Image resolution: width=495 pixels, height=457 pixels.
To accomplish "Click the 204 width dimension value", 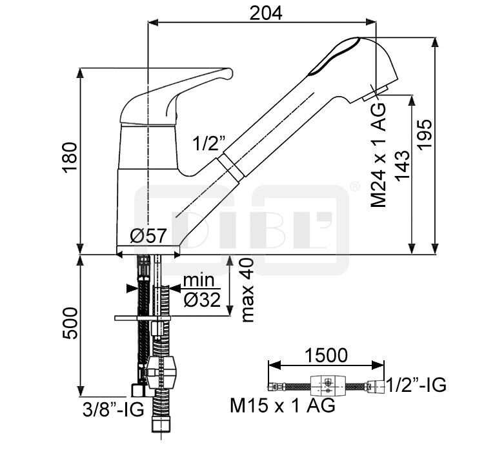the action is point(265,14).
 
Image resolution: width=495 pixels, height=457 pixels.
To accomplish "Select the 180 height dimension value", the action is point(70,157).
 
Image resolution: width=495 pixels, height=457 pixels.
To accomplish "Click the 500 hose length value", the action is point(70,323).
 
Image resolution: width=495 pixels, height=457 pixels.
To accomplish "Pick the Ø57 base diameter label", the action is point(148,235).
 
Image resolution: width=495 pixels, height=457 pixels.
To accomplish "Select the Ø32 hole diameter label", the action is point(202,300).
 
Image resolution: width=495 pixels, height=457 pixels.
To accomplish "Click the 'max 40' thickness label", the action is point(248,290).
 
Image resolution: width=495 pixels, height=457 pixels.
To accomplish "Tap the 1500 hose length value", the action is point(326,355).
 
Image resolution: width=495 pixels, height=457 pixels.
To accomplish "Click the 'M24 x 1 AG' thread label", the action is point(378,155).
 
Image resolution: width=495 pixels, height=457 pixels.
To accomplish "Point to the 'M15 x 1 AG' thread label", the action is point(283,405).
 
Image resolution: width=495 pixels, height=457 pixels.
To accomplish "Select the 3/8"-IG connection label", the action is point(113,409).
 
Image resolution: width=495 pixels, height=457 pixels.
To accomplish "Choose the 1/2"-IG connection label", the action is point(416,384).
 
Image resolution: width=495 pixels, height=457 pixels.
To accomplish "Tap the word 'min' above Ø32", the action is point(199,280).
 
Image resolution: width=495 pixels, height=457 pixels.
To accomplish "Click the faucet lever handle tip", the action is point(229,73).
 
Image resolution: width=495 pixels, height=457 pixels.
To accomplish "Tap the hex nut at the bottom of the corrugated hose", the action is point(161,424).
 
